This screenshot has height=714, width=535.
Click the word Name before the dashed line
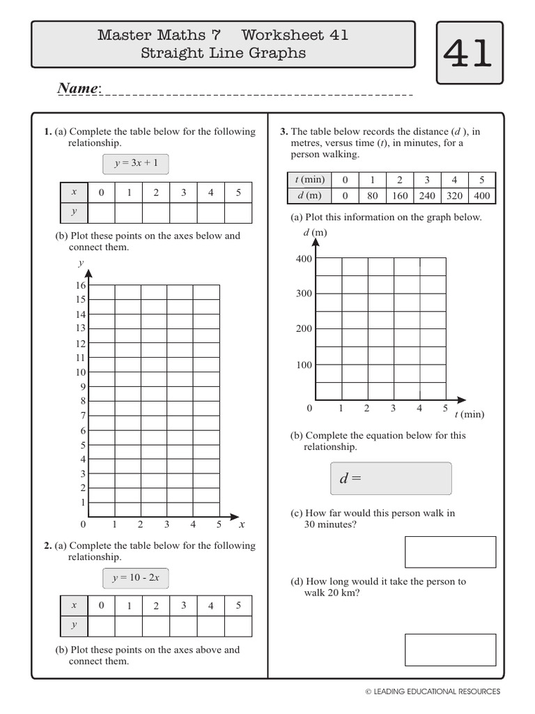(x=79, y=89)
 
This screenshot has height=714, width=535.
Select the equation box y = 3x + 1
(x=136, y=165)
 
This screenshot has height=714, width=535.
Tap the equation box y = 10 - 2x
(x=136, y=578)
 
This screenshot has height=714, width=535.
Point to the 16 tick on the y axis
(x=80, y=285)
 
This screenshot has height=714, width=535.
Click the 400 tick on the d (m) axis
(x=304, y=259)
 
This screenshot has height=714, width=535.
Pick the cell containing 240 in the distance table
(x=427, y=196)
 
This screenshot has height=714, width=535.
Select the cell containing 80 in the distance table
(x=373, y=196)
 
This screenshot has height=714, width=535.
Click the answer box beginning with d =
(x=391, y=478)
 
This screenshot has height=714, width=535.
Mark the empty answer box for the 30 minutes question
(x=450, y=552)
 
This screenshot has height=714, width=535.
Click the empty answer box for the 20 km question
(x=450, y=649)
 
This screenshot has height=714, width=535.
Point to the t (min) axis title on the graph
(x=469, y=414)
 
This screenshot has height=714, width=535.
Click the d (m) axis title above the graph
(x=315, y=232)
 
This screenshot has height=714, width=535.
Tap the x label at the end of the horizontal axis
(x=242, y=524)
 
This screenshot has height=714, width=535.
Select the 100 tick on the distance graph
(x=304, y=365)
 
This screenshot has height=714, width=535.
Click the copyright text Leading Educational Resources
(x=433, y=692)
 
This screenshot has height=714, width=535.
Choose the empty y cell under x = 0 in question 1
(x=102, y=213)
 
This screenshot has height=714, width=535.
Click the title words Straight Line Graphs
(x=223, y=53)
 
